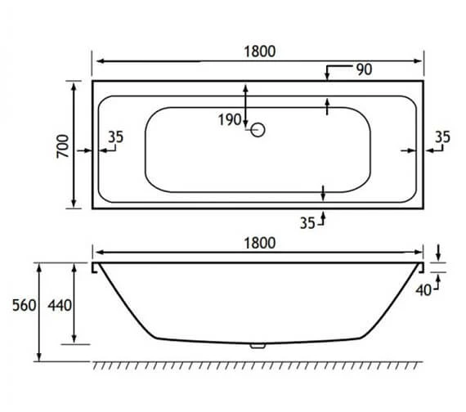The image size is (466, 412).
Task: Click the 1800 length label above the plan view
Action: click(x=258, y=50)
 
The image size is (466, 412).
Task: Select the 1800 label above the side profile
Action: click(x=258, y=242)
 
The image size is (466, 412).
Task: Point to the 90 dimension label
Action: click(x=364, y=69)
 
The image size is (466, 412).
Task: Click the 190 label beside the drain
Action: click(x=230, y=120)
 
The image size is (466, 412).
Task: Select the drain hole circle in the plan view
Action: click(x=258, y=129)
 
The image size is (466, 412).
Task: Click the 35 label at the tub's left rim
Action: click(x=115, y=137)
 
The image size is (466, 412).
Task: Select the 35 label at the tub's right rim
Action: click(x=441, y=137)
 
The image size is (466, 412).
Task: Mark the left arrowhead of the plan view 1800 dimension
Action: click(x=96, y=61)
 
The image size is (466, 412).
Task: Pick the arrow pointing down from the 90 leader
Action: click(x=326, y=78)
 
